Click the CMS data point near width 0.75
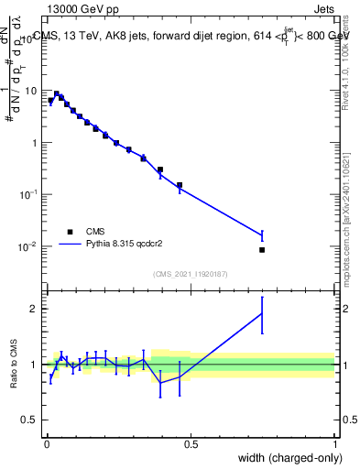pyautogui.click(x=262, y=250)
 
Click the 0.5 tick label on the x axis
pyautogui.click(x=191, y=444)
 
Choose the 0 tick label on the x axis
pyautogui.click(x=46, y=444)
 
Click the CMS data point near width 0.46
pyautogui.click(x=180, y=185)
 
